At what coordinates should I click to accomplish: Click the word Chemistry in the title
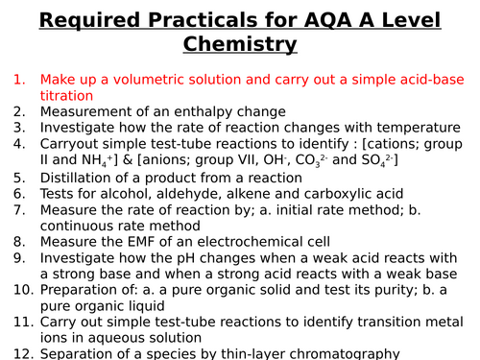pyautogui.click(x=240, y=43)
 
